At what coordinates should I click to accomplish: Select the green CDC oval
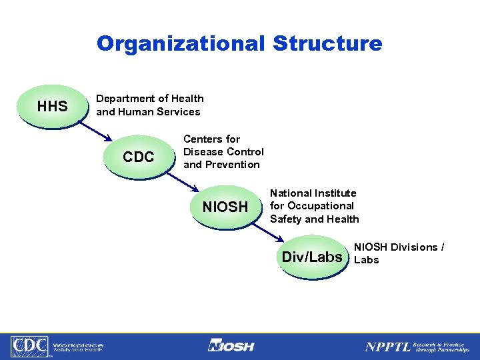coord(139,157)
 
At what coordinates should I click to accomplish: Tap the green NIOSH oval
coord(225,207)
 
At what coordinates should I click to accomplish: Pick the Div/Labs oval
coord(312,257)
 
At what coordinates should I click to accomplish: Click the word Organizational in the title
coord(180,44)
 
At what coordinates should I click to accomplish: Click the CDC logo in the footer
coord(29,346)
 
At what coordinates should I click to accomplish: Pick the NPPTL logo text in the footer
coord(386,346)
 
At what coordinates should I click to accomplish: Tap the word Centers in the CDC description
coord(203,139)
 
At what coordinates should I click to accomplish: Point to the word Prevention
coord(233,165)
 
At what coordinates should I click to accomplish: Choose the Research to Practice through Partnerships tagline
coord(441,345)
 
